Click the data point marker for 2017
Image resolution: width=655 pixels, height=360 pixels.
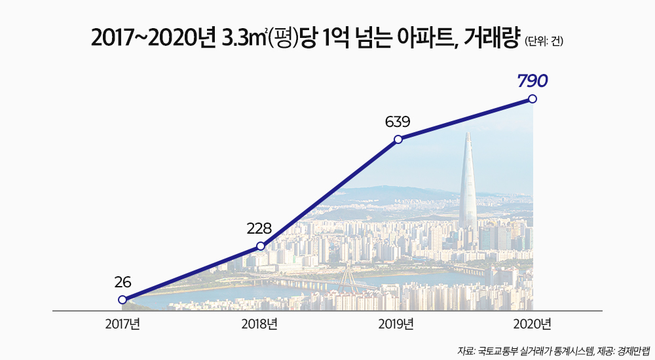pos(122,300)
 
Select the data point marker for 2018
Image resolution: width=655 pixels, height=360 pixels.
pos(261,246)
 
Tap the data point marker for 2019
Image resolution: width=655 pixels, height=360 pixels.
pos(398,139)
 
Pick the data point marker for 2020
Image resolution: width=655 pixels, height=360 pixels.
pos(533,99)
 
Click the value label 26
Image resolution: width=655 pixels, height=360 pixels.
pos(122,283)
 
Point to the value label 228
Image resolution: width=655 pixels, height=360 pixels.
pos(259,229)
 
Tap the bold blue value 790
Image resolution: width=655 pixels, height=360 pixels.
pos(532,81)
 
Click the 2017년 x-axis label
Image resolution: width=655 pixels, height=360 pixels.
pos(122,324)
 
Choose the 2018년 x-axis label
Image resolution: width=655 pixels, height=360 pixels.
pos(260,324)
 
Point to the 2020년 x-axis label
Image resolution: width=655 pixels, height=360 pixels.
pos(533,324)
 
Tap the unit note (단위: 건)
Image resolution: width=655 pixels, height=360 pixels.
pos(544,43)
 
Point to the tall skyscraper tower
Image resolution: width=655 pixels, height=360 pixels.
pos(468,177)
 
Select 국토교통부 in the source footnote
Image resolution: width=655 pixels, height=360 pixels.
pos(501,351)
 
